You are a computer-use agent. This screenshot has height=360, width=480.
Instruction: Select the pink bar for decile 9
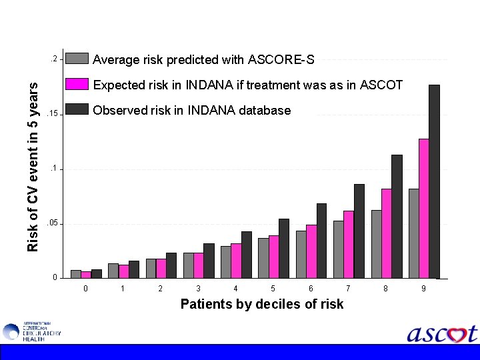coord(423,208)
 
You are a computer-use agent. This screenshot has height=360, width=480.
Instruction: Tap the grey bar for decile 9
coord(413,233)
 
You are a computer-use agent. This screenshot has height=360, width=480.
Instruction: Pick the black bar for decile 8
coord(397,216)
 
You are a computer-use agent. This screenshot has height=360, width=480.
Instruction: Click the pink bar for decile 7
coord(349,244)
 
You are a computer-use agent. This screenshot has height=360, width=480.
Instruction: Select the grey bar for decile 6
coord(301,254)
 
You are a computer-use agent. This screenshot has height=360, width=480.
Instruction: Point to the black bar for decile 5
coord(284,248)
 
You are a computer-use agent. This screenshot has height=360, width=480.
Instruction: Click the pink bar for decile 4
coord(236,261)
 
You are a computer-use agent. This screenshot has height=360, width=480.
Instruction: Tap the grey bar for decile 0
coord(76,274)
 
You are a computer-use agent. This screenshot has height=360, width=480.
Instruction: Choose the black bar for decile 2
coord(171,265)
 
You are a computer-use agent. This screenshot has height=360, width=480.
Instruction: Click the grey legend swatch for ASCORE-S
coord(77,59)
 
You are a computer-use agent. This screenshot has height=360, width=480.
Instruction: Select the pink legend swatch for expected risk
coord(77,84)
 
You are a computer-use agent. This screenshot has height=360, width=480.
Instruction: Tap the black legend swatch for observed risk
coord(77,109)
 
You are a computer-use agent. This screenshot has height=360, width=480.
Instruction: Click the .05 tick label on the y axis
coord(53,223)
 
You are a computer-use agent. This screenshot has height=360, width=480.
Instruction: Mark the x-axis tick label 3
coord(198,289)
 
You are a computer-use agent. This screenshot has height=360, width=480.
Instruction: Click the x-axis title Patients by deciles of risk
coord(262,304)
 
